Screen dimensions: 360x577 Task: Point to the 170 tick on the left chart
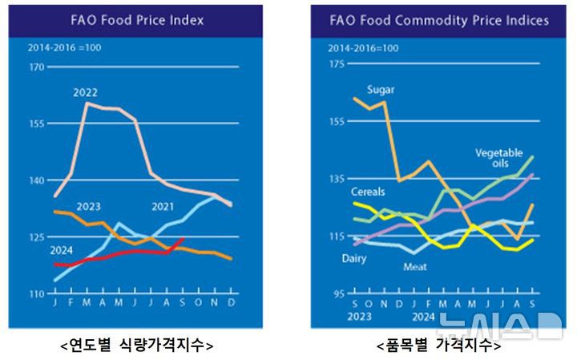pos(36,67)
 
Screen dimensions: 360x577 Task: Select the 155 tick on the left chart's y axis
pos(36,124)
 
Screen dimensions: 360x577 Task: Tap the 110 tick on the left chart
pos(36,294)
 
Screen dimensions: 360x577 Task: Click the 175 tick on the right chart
pos(337,63)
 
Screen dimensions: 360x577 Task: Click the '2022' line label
pos(86,93)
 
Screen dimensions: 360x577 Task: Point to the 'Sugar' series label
pos(380,89)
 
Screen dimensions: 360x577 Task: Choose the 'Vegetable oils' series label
pos(498,157)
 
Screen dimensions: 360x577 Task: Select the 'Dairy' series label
pos(354,259)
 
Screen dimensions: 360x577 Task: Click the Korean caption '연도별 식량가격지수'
pos(136,346)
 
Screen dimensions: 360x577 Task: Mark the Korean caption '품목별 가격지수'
pos(438,346)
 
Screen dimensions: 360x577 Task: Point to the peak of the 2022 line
pos(87,103)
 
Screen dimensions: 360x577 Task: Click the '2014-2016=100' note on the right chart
pos(363,49)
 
